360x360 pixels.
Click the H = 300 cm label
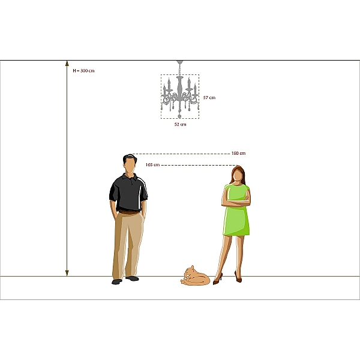[83, 71]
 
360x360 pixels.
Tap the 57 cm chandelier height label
[209, 98]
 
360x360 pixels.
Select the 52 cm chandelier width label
[180, 124]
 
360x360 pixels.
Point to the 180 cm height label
[239, 153]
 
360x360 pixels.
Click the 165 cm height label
[152, 165]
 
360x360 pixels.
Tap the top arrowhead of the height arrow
[67, 64]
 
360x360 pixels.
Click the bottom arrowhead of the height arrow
[67, 273]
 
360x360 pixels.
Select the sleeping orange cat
[195, 276]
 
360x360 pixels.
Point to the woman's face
[237, 177]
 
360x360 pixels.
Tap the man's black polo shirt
[128, 193]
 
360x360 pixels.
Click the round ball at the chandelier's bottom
[179, 116]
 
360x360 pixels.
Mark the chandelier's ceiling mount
[180, 62]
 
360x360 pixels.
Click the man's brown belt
[129, 212]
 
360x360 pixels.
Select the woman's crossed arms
[236, 202]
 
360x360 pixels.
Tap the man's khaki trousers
[128, 245]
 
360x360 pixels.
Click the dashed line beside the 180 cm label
[181, 154]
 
